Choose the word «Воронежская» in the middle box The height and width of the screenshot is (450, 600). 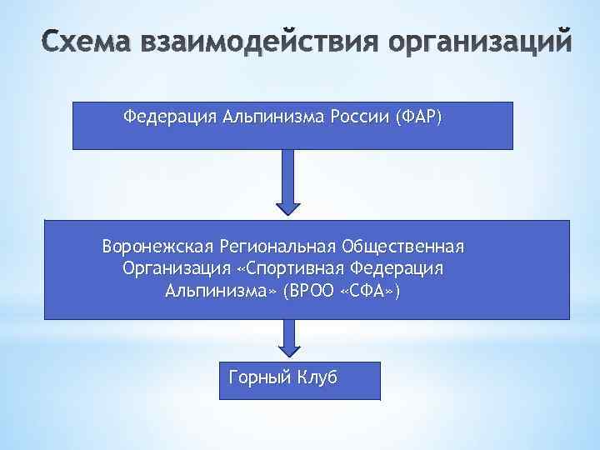(x=157, y=247)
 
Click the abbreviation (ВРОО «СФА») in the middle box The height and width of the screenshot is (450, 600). (x=342, y=291)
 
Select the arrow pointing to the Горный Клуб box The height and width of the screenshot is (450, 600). (x=288, y=340)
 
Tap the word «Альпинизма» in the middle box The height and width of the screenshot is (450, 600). (x=221, y=291)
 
